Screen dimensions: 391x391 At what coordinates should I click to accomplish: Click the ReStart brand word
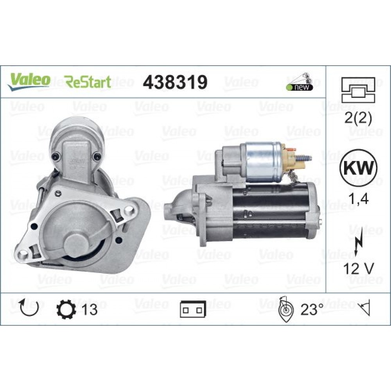pyautogui.click(x=88, y=82)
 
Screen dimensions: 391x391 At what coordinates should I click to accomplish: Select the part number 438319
pyautogui.click(x=175, y=82)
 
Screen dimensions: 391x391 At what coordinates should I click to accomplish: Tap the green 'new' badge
pyautogui.click(x=301, y=87)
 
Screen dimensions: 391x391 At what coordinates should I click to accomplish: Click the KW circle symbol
pyautogui.click(x=358, y=169)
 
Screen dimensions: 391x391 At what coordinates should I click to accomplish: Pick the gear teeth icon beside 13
pyautogui.click(x=65, y=309)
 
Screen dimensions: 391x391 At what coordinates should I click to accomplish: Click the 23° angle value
pyautogui.click(x=312, y=310)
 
